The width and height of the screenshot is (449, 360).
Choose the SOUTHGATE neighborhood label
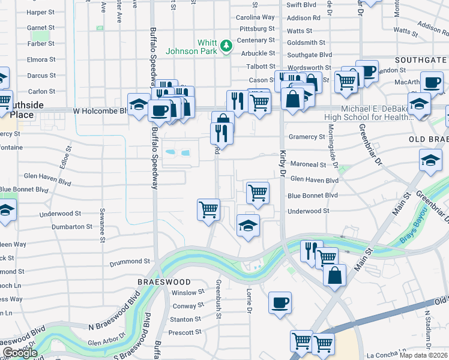tap(421, 61)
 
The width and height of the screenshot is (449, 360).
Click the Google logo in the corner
tap(20, 353)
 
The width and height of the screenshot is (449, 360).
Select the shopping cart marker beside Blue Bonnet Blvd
tap(258, 193)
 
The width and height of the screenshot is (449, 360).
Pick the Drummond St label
tap(129, 262)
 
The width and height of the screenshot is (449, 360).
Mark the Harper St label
tap(41, 12)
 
